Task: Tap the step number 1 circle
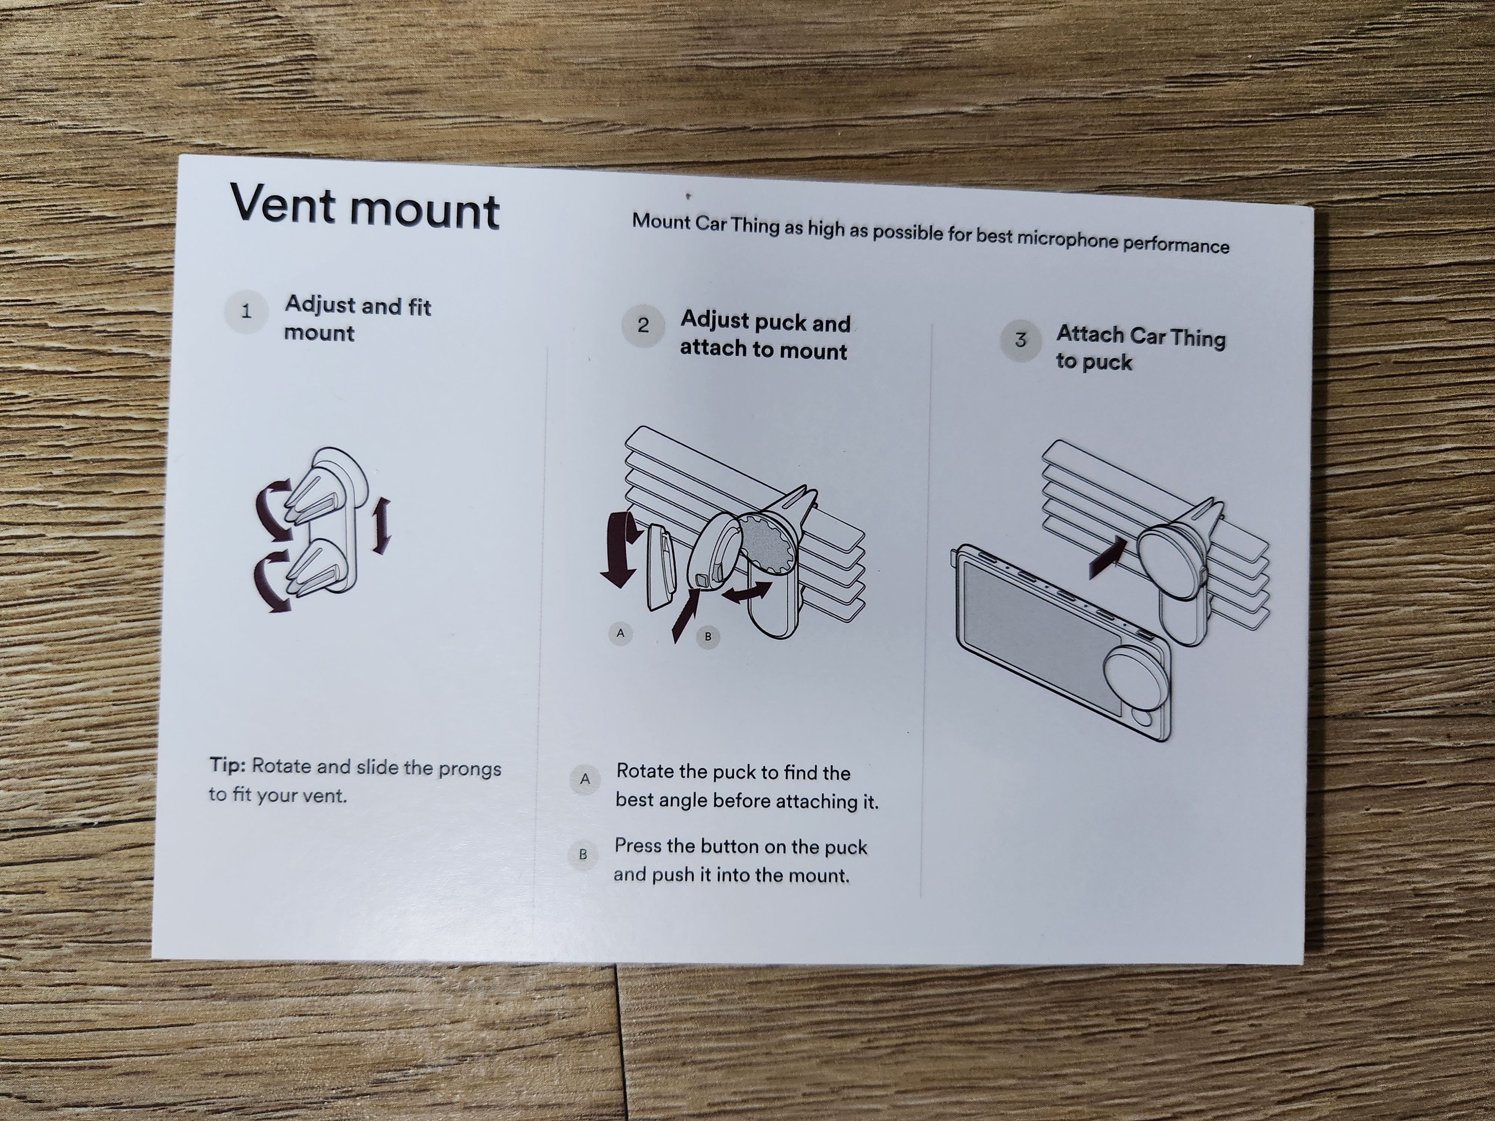tap(246, 312)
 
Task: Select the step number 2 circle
tap(643, 326)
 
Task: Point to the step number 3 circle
tap(1021, 340)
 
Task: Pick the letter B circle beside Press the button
tap(583, 854)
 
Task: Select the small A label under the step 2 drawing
tap(620, 633)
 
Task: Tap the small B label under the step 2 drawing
tap(708, 636)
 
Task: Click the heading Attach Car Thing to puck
tap(1140, 348)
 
